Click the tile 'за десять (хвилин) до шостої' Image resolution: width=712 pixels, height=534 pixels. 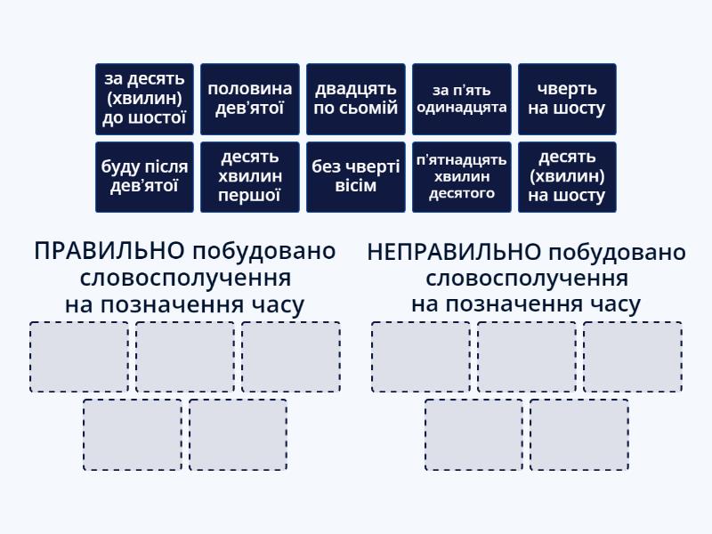pyautogui.click(x=144, y=99)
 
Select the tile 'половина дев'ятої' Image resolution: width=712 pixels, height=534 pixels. pyautogui.click(x=250, y=99)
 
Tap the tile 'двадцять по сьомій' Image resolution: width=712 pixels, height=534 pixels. pyautogui.click(x=356, y=99)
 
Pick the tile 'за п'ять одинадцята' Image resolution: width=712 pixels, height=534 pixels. pyautogui.click(x=462, y=99)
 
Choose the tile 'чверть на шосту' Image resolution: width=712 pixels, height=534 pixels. pyautogui.click(x=567, y=99)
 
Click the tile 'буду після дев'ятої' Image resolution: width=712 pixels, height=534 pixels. pyautogui.click(x=144, y=176)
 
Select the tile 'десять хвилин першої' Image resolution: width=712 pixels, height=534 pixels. pyautogui.click(x=250, y=176)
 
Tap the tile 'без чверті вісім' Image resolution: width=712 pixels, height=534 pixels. pyautogui.click(x=356, y=176)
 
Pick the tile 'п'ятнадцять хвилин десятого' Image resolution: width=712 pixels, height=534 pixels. pyautogui.click(x=462, y=176)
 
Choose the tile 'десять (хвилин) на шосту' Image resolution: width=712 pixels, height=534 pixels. pyautogui.click(x=567, y=176)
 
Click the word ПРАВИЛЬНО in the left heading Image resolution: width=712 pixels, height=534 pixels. pyautogui.click(x=109, y=251)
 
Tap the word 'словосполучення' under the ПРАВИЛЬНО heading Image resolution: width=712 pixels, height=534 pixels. pyautogui.click(x=185, y=278)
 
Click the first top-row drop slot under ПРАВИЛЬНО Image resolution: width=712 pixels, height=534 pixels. pyautogui.click(x=79, y=357)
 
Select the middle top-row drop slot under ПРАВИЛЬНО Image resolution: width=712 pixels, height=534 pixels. pyautogui.click(x=185, y=357)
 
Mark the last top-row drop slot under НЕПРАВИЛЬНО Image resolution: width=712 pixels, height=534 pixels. pyautogui.click(x=633, y=357)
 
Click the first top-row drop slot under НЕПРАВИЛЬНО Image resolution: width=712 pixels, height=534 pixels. pyautogui.click(x=421, y=357)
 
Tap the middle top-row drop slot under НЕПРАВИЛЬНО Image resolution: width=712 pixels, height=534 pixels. pyautogui.click(x=527, y=357)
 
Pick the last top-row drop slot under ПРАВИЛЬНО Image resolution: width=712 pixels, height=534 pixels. pyautogui.click(x=291, y=357)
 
